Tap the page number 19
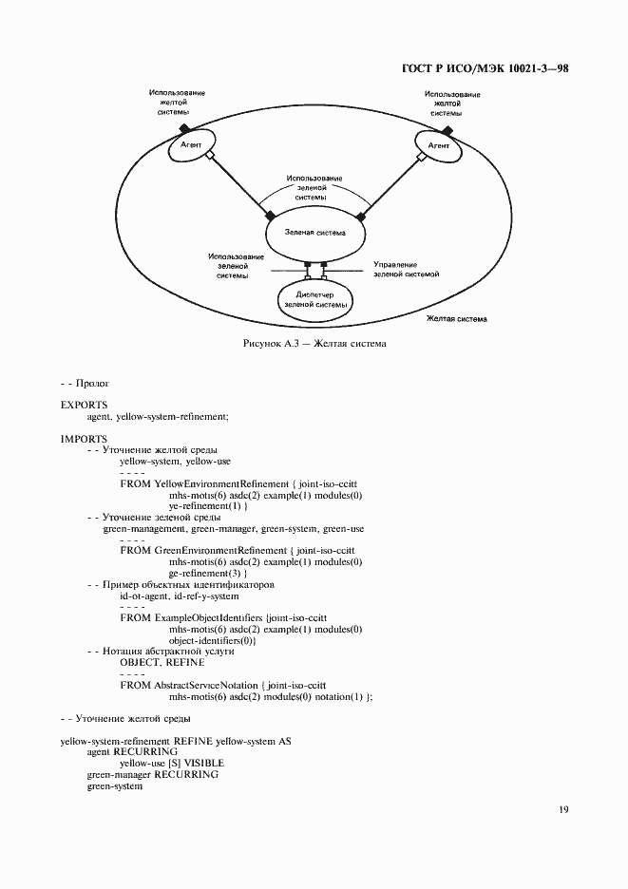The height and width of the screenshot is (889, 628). click(563, 810)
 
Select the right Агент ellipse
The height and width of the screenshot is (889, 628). click(438, 146)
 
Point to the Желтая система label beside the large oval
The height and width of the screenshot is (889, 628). click(457, 319)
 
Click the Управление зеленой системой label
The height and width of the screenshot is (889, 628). click(406, 269)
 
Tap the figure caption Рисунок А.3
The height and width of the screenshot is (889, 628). click(314, 343)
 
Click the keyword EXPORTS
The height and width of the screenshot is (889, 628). click(84, 405)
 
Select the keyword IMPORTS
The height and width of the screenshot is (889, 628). click(84, 438)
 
